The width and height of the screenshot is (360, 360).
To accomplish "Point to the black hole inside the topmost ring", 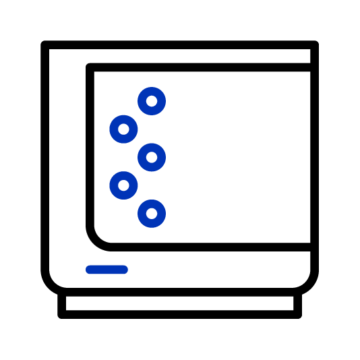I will click(152, 101).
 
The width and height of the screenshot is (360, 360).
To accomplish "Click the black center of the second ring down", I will click(123, 129).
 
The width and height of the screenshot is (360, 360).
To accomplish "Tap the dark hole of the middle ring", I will click(152, 157).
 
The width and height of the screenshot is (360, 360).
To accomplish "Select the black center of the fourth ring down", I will click(123, 185).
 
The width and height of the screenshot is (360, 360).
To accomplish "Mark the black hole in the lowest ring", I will click(152, 214).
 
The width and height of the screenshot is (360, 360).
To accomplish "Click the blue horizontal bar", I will click(107, 270).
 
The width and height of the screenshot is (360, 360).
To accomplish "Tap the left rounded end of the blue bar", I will click(89, 270).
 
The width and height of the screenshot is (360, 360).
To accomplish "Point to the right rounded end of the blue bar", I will click(125, 270).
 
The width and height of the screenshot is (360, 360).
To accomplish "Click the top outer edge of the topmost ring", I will click(152, 88).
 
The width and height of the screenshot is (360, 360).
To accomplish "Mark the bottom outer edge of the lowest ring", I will click(152, 227).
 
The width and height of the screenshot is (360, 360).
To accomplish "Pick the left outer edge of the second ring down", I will click(111, 129).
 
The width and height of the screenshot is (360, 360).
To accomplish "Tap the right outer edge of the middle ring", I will click(164, 157).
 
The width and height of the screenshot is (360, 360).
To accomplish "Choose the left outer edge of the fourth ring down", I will click(111, 185).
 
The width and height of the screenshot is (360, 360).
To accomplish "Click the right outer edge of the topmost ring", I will click(164, 101).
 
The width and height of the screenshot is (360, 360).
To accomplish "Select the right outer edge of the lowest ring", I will click(164, 214).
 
